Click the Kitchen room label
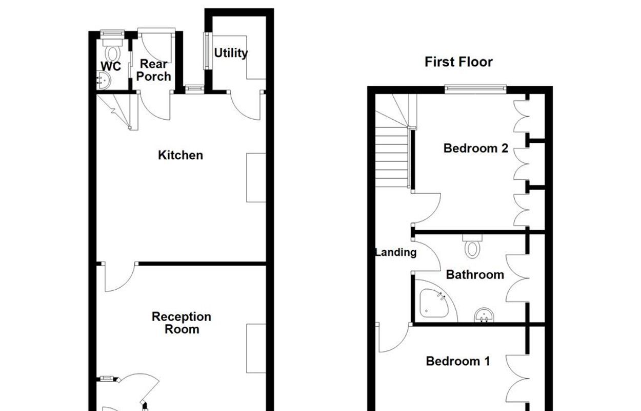click(x=181, y=155)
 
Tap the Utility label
click(x=231, y=53)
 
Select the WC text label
click(x=111, y=66)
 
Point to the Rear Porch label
click(x=154, y=70)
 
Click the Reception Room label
click(x=182, y=323)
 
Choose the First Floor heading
click(x=458, y=62)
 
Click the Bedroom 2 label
click(x=475, y=148)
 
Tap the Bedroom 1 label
click(x=458, y=361)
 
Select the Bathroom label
click(x=475, y=274)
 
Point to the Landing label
click(x=396, y=252)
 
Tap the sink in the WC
click(x=103, y=80)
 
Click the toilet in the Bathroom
click(x=472, y=247)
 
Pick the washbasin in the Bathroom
click(x=484, y=315)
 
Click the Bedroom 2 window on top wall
click(x=475, y=89)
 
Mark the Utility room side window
click(x=208, y=51)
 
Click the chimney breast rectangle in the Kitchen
click(x=256, y=178)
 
